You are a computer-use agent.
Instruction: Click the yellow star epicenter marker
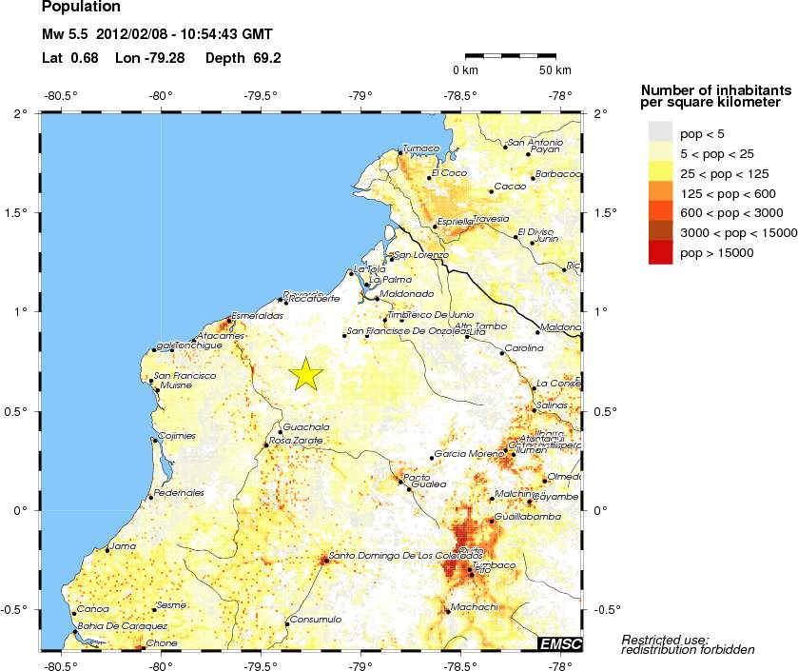pos(305,374)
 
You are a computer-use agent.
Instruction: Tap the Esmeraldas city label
pos(258,315)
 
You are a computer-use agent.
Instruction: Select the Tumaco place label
pos(421,148)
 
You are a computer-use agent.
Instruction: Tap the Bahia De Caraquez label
pos(123,625)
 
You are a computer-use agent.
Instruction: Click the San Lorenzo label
pos(421,255)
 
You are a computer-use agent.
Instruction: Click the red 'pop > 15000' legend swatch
pos(660,252)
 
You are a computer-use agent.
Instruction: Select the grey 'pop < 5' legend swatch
pos(660,132)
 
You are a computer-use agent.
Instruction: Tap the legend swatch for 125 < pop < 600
pos(660,192)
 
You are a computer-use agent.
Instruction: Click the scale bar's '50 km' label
pos(555,70)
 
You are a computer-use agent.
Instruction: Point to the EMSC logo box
pos(559,644)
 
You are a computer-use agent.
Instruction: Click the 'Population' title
pos(82,8)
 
